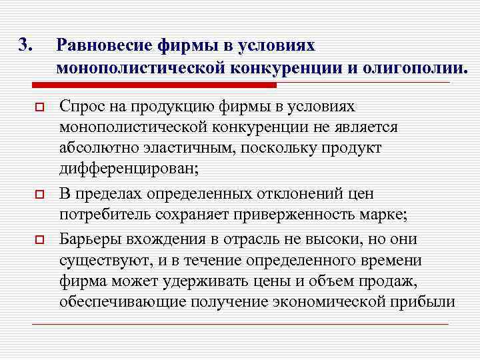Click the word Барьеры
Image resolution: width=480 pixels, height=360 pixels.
[89, 237]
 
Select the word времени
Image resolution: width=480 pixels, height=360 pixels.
[389, 259]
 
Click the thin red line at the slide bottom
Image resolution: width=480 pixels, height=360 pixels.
[240, 324]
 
